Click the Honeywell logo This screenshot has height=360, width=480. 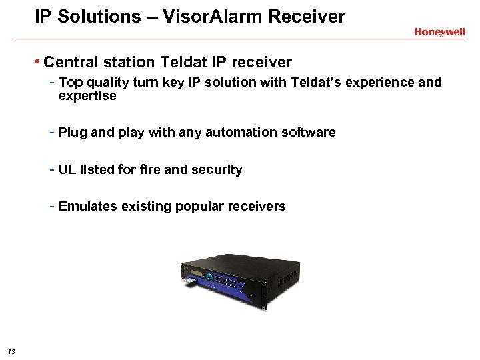point(439,32)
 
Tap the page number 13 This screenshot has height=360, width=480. point(12,351)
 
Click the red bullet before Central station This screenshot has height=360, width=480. point(38,63)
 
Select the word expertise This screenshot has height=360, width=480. point(87,96)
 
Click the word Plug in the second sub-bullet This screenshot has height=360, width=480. point(73,133)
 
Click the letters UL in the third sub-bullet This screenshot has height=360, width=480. point(67,170)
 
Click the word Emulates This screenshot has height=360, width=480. point(88,207)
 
